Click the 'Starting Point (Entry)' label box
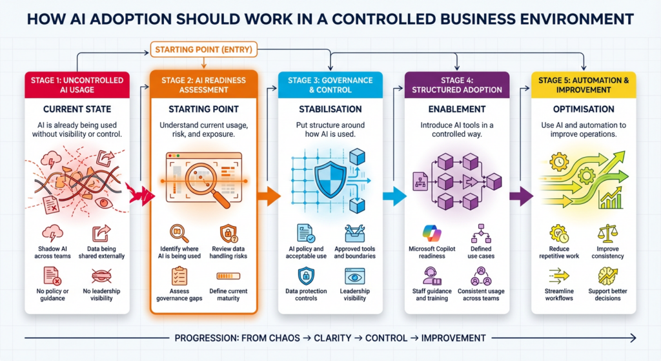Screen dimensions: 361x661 click(205, 49)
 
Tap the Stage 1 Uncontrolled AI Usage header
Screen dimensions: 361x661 click(77, 85)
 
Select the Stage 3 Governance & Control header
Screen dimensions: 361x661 click(330, 85)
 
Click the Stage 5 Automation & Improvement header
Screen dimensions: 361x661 click(584, 85)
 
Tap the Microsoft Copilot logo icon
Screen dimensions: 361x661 click(431, 233)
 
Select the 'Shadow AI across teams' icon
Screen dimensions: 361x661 click(52, 233)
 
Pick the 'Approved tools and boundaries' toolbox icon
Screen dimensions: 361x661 click(355, 233)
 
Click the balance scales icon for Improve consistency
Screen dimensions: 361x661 click(608, 233)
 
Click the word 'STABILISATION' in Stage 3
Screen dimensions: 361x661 click(330, 108)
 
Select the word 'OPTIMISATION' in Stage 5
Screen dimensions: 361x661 click(584, 108)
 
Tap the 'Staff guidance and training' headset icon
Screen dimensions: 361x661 click(431, 276)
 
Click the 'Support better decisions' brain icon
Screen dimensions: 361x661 click(608, 276)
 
